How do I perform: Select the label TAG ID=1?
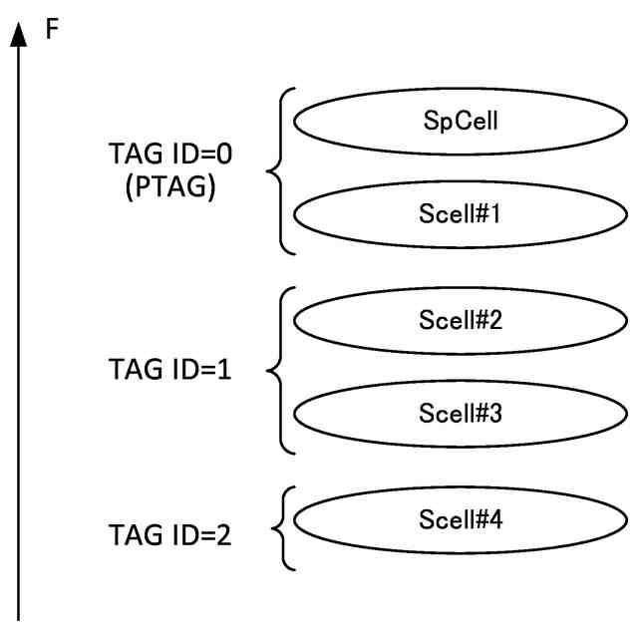168,371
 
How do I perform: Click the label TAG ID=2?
168,535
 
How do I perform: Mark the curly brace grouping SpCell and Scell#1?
279,170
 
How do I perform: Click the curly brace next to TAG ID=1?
279,370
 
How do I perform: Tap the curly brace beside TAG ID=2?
280,528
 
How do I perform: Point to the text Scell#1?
453,215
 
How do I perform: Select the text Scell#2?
453,320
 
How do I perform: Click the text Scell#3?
453,411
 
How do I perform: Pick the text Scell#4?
453,518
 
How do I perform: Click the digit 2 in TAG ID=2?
222,535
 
